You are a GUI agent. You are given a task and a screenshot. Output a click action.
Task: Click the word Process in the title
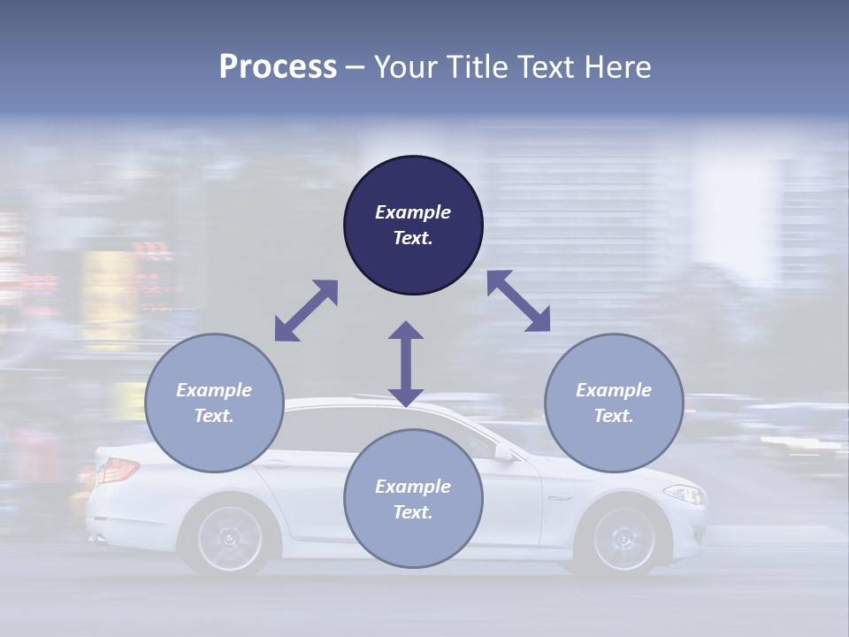point(278,67)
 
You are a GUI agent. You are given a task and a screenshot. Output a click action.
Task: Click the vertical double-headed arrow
point(406,364)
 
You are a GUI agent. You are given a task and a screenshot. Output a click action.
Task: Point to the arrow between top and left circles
point(306,311)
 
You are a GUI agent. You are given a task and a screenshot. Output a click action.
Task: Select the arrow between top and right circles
point(518,301)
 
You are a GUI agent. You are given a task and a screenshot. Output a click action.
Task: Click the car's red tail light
point(115,471)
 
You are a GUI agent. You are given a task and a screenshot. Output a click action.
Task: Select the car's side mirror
point(505,453)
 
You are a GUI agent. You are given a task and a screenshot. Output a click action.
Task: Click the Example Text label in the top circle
point(413,225)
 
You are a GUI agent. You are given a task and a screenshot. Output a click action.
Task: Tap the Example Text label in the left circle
point(214,403)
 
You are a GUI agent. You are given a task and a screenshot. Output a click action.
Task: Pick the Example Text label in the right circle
point(614,403)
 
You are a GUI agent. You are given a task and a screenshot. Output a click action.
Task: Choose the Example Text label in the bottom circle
point(413,499)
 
